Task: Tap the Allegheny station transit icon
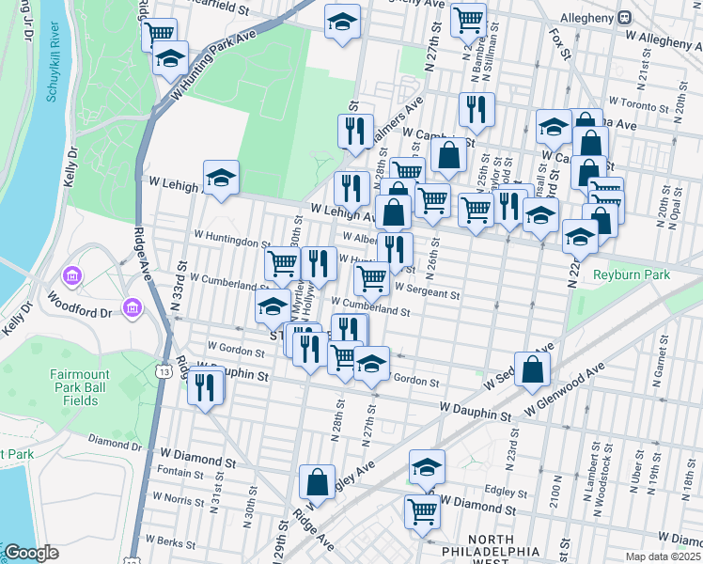point(624,17)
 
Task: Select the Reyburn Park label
point(631,274)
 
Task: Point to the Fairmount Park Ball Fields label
point(86,387)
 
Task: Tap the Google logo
point(31,553)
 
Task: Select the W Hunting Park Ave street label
point(213,67)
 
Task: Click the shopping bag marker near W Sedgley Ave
point(533,369)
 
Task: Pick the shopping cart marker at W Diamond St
point(423,511)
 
